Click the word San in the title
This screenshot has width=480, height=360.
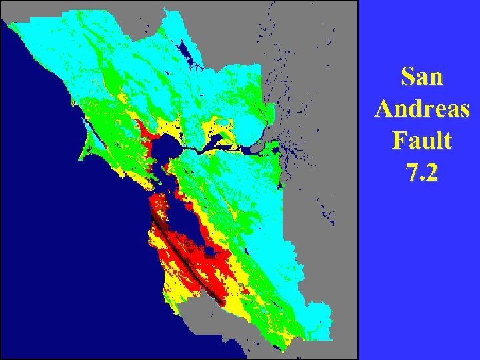coord(422,77)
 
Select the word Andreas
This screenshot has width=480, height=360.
coord(422,109)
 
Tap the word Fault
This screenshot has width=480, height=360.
coord(422,141)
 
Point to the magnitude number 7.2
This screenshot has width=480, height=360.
coord(422,173)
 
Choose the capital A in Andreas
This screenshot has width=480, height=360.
coord(385,109)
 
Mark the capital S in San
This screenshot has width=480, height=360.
coord(407,77)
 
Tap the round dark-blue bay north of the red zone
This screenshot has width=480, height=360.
coord(164,146)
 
